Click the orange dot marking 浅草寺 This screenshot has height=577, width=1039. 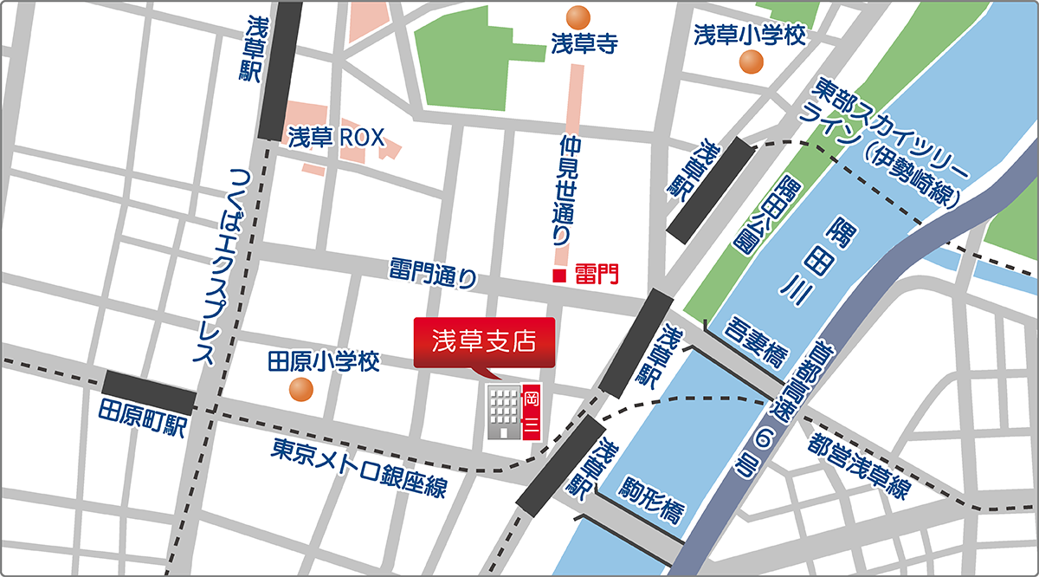coord(578,16)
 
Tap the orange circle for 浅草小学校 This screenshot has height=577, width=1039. coord(751,62)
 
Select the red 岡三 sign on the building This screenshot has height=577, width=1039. coord(532,412)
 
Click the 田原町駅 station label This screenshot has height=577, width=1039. coord(142,418)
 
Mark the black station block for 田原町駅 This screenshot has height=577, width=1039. coord(150,392)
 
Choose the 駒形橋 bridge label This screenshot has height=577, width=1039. coord(650,500)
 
